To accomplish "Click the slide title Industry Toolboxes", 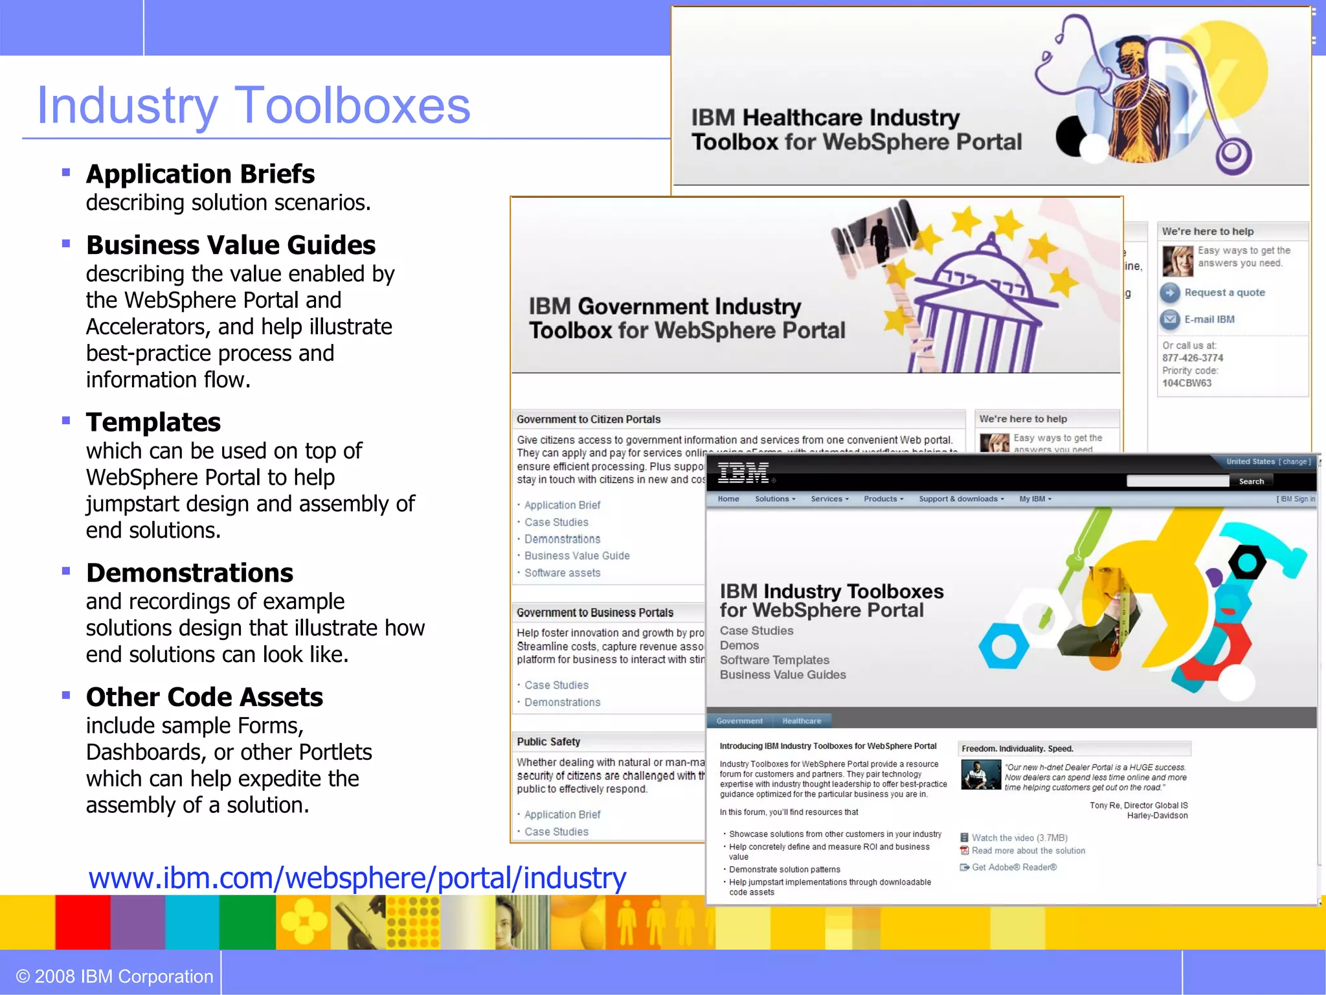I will coord(254,106).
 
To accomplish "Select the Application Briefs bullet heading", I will coord(200,174).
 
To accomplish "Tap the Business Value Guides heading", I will coord(230,246).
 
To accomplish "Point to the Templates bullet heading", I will coord(153,422).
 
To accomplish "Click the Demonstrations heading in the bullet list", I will coord(190,573).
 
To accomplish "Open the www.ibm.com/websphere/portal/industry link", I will coord(357,878).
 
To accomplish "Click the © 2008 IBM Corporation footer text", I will coord(115,976).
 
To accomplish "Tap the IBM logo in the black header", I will coord(743,474).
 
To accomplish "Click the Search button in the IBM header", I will coord(1251,481).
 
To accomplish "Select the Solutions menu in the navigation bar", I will coord(774,499).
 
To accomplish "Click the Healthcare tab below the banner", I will coord(802,721).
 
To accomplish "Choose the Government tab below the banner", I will coord(739,721).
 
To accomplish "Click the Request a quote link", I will coord(1224,293).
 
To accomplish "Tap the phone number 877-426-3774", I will coord(1193,358).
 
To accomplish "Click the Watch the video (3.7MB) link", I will coord(1019,838).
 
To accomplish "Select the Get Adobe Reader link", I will coord(1014,867).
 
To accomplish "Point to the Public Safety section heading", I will coord(548,742).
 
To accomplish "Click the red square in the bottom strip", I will coord(82,922).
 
